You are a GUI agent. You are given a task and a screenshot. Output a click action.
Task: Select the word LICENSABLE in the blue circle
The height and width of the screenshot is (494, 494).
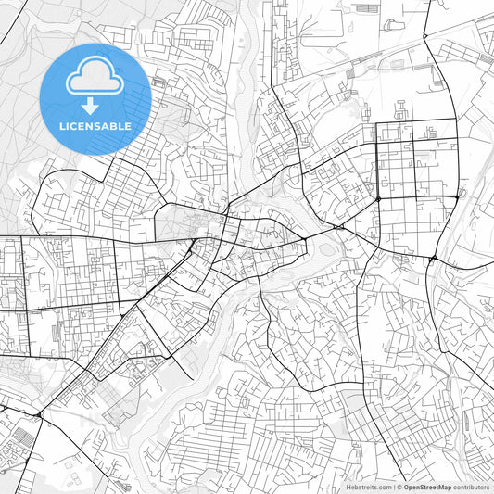tap(95, 126)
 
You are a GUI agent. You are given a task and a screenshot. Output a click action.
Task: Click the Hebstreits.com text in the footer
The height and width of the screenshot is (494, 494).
tap(368, 486)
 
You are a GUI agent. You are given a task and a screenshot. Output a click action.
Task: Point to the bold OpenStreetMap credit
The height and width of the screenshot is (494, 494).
tap(427, 486)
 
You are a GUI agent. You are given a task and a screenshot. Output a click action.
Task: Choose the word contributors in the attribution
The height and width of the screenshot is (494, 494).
tap(471, 486)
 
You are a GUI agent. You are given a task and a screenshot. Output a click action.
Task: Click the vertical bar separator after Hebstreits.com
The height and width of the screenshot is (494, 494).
tap(393, 486)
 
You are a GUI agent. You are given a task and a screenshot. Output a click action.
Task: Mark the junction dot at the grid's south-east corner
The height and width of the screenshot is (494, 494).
tap(458, 196)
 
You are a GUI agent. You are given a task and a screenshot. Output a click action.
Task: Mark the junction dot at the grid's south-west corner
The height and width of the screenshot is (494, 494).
tap(378, 198)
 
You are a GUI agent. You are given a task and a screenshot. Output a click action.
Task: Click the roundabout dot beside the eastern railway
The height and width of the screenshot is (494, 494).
tap(434, 259)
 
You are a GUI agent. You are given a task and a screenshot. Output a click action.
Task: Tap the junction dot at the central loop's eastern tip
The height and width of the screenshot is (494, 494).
tap(306, 239)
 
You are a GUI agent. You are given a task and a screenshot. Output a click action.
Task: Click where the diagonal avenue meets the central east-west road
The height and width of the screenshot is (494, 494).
tap(192, 244)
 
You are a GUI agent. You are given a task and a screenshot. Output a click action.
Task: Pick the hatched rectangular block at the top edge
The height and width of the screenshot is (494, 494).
tap(367, 8)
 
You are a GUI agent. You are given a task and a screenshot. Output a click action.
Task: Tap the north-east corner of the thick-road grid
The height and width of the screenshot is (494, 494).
tap(456, 120)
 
